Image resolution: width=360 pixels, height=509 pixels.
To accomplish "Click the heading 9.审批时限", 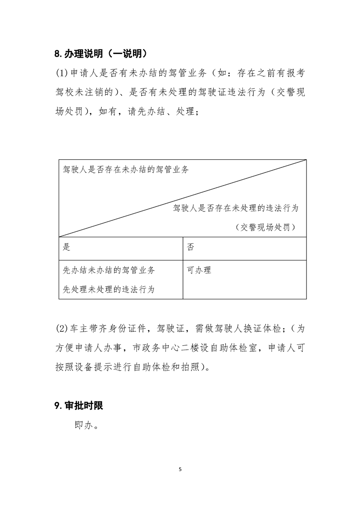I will pos(79,406).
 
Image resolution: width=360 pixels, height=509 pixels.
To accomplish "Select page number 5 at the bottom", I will pos(180,470).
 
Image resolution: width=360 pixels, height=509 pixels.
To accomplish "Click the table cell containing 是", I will pos(121,248).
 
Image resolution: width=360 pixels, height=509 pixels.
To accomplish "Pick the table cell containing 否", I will pos(244,248).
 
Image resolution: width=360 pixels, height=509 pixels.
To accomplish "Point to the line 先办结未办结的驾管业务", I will pos(109,270).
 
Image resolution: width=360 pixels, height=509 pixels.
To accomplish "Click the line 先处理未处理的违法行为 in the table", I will pos(109,289).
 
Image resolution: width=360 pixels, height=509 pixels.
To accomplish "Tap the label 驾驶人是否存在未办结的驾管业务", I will pos(125,170).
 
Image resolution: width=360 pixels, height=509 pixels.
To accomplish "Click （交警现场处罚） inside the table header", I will pos(266,227).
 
